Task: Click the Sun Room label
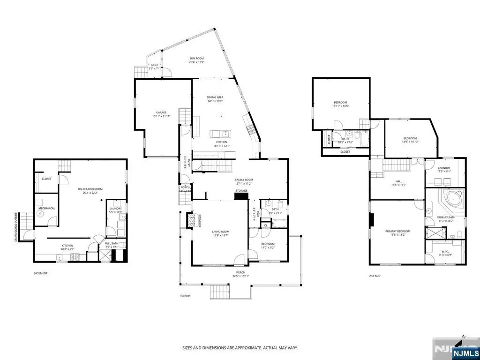pyautogui.click(x=196, y=59)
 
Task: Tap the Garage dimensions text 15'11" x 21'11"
pyautogui.click(x=161, y=116)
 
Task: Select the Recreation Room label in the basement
pyautogui.click(x=90, y=189)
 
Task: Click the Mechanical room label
pyautogui.click(x=47, y=208)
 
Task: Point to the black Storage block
pyautogui.click(x=241, y=196)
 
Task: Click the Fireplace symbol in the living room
pyautogui.click(x=190, y=220)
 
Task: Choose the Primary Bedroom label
pyautogui.click(x=397, y=232)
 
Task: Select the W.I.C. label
pyautogui.click(x=444, y=252)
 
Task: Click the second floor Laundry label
pyautogui.click(x=444, y=168)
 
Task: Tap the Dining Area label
pyautogui.click(x=215, y=97)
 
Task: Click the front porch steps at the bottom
pyautogui.click(x=218, y=292)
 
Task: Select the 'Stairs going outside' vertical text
pyautogui.click(x=16, y=228)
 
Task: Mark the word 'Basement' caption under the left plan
pyautogui.click(x=40, y=273)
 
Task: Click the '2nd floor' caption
pyautogui.click(x=375, y=276)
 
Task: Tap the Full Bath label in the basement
pyautogui.click(x=112, y=243)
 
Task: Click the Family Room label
pyautogui.click(x=244, y=180)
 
